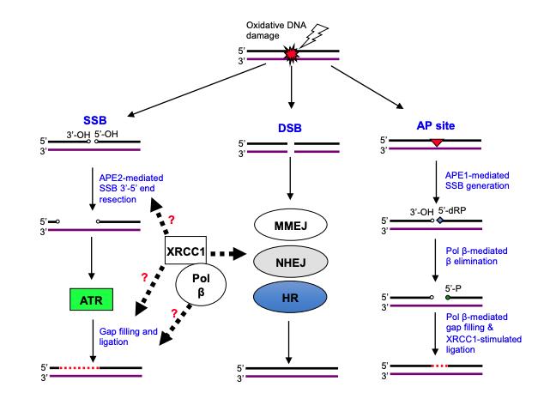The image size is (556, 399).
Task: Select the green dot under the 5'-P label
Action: (x=448, y=299)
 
